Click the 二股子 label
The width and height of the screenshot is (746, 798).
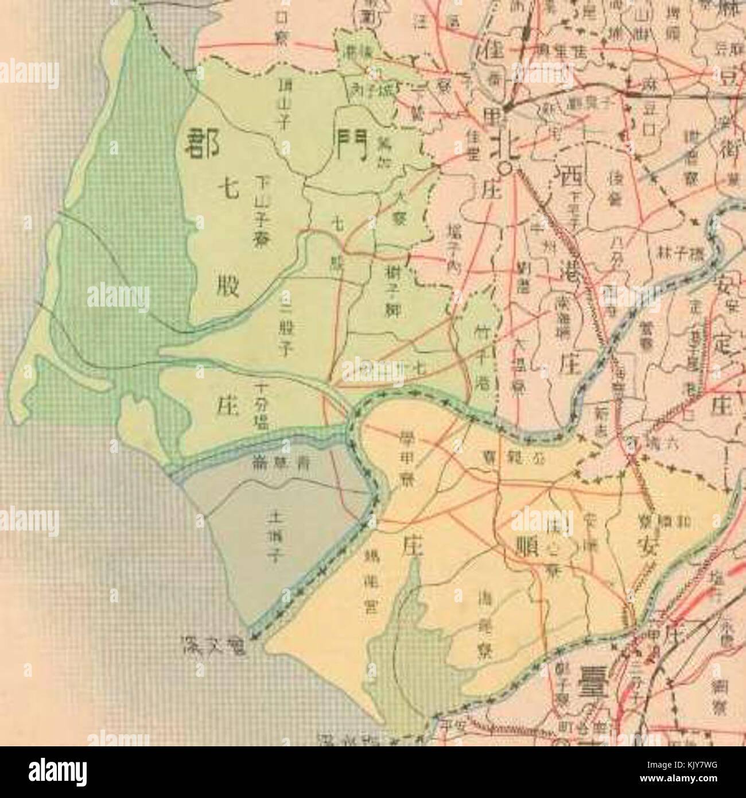click(x=283, y=324)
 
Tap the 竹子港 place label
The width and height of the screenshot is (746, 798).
click(x=482, y=356)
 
